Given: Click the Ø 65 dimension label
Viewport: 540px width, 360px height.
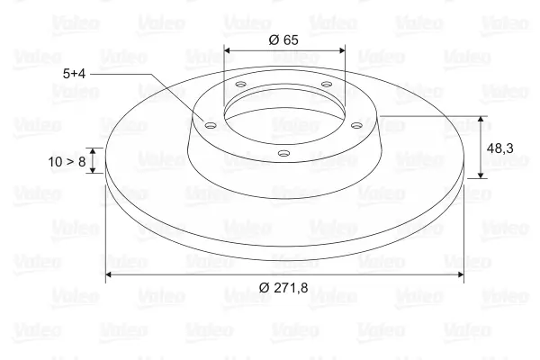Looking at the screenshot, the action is click(283, 40).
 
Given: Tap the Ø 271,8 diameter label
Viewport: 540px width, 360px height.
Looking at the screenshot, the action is click(283, 287).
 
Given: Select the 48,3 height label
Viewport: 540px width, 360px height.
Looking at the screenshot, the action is click(499, 148).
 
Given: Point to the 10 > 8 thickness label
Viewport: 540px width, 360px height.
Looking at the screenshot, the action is click(67, 162).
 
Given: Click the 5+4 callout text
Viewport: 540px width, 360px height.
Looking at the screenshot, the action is click(74, 74).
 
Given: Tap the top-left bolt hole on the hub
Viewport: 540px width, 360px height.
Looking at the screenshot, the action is click(240, 84).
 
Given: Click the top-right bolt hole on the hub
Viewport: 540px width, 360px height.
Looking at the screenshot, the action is click(326, 84).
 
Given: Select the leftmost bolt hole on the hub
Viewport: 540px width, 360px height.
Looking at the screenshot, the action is click(210, 125).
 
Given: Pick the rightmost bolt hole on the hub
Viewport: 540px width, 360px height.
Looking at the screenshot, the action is click(356, 125).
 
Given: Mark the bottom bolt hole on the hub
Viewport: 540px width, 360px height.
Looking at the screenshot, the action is click(283, 153).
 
